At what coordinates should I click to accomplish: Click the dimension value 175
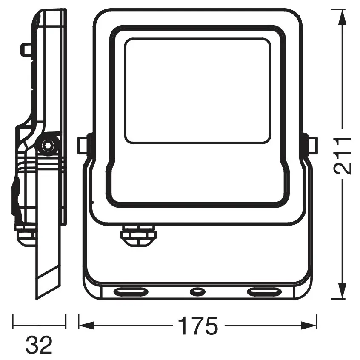coord(197,326)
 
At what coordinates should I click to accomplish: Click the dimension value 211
coord(343,155)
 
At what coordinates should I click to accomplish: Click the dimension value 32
coord(39,345)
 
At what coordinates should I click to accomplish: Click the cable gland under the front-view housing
coord(138,236)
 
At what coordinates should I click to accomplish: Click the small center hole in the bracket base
coord(197,291)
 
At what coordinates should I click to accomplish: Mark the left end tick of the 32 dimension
coord(13,322)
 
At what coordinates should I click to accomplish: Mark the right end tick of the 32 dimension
coord(66,322)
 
